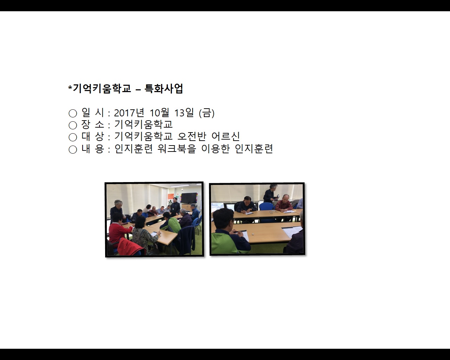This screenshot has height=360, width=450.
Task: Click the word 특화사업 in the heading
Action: [164, 88]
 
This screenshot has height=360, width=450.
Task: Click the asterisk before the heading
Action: [70, 87]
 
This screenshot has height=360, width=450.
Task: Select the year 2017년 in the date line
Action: [129, 113]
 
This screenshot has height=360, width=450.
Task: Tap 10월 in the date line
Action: [160, 113]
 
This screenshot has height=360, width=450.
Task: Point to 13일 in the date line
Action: [184, 113]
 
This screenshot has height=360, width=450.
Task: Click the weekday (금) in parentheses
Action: [207, 113]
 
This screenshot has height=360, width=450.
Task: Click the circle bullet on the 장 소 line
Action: [73, 125]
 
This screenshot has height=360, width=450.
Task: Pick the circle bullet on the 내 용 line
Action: [73, 149]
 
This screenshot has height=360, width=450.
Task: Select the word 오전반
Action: [192, 136]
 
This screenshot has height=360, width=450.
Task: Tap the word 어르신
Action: [226, 136]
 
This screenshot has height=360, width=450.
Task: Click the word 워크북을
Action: [177, 149]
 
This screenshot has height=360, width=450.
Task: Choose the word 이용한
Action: [216, 149]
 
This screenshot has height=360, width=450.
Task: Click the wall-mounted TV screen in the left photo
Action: [189, 198]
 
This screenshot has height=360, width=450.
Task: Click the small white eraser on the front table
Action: [253, 234]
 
